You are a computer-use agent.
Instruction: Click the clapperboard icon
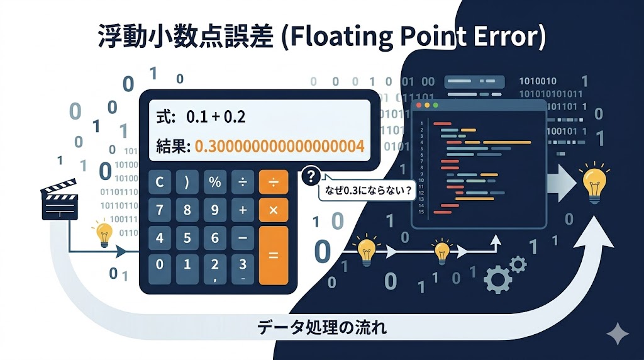click(x=60, y=202)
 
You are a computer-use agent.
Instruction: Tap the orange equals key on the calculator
click(x=274, y=256)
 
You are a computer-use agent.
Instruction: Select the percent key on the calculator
click(x=215, y=183)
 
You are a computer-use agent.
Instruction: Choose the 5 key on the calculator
click(x=187, y=238)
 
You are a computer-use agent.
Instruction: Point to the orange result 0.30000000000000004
click(x=279, y=147)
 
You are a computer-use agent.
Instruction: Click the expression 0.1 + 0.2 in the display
click(x=216, y=117)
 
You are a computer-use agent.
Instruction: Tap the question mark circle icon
click(x=311, y=176)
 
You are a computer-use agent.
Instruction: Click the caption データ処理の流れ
click(x=321, y=327)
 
